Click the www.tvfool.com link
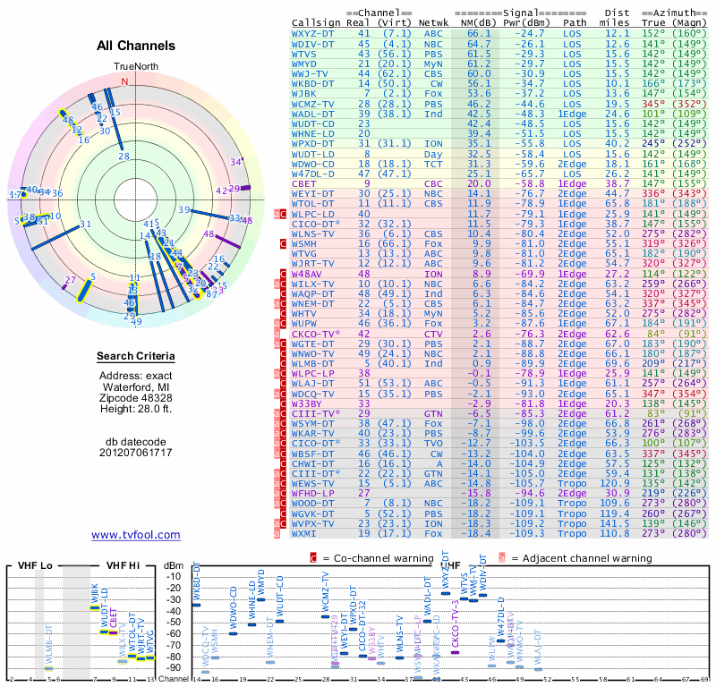pyautogui.click(x=136, y=535)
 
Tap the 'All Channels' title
pyautogui.click(x=136, y=46)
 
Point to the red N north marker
pyautogui.click(x=124, y=81)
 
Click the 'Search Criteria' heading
pyautogui.click(x=136, y=357)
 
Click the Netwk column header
pyautogui.click(x=434, y=22)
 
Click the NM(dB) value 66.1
pyautogui.click(x=479, y=33)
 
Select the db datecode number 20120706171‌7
pyautogui.click(x=136, y=452)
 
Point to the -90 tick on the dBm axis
pyautogui.click(x=175, y=668)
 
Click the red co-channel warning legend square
pyautogui.click(x=314, y=557)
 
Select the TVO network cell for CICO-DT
pyautogui.click(x=433, y=443)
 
